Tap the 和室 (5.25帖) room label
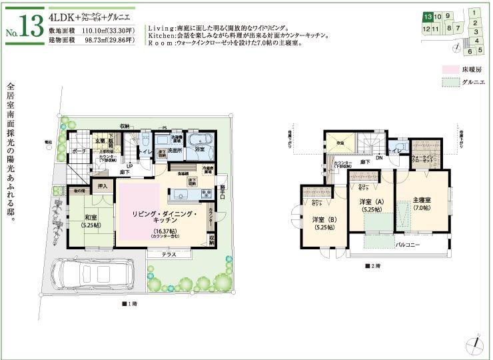pos(92,220)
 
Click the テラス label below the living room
pos(167,255)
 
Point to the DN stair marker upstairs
pos(379,158)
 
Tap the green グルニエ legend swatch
pos(450,83)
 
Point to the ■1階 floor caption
pos(129,304)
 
